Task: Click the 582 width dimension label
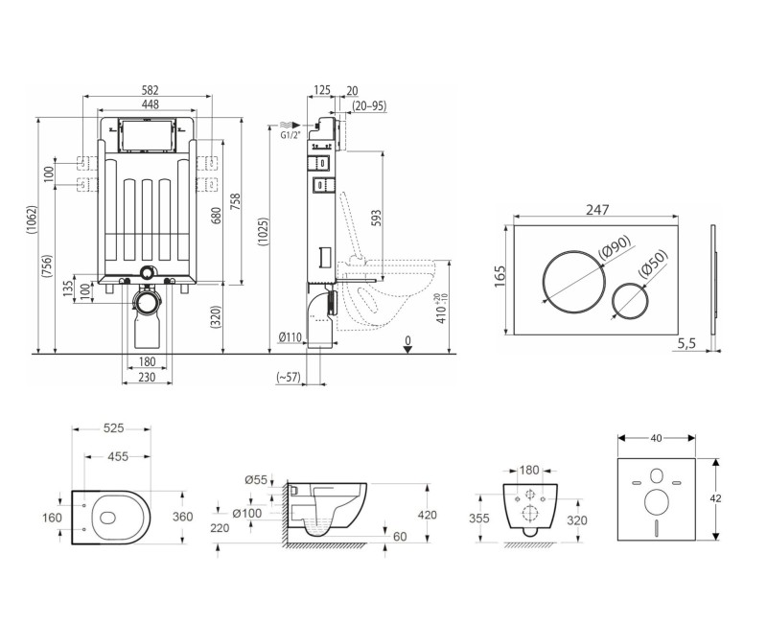[150, 90]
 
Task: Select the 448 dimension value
[150, 104]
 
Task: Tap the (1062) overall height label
[32, 220]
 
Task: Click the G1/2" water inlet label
[291, 135]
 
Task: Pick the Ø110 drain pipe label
[290, 337]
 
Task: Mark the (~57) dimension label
[289, 377]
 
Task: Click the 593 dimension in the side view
[376, 219]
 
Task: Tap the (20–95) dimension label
[369, 105]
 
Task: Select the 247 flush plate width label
[597, 209]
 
